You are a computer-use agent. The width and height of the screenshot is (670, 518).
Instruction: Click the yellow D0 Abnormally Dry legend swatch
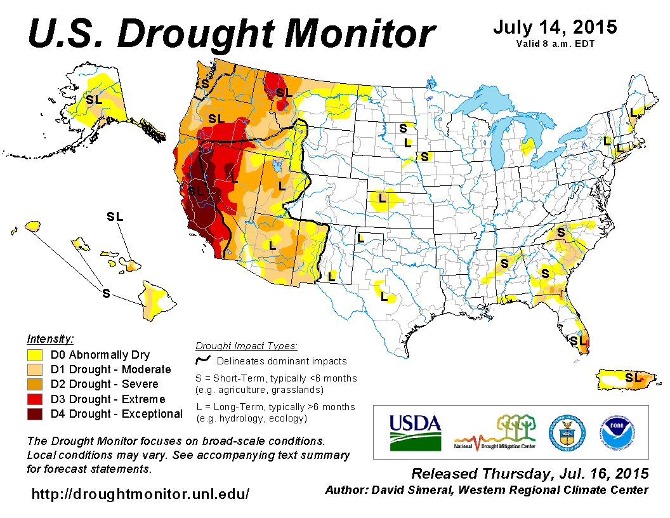35,355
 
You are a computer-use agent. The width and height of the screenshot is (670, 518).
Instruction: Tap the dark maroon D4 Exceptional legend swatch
35,414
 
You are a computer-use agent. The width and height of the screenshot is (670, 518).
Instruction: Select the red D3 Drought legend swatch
35,399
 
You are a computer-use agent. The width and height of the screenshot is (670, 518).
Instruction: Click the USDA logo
414,432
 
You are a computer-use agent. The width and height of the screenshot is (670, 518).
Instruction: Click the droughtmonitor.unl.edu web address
141,493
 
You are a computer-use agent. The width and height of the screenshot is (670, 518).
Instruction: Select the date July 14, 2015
555,27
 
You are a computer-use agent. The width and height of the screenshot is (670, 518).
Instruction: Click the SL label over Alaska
94,100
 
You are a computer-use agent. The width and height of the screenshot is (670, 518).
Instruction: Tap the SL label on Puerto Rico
633,378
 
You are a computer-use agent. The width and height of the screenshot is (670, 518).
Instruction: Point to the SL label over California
195,190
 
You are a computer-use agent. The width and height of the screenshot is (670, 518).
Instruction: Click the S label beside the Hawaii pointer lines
106,293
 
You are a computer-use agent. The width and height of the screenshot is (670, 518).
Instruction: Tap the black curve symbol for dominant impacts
203,361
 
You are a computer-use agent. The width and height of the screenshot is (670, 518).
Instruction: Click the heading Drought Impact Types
246,346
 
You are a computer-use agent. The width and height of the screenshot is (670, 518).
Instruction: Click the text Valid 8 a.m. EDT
555,44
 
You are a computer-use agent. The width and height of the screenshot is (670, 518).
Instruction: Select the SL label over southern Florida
578,341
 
